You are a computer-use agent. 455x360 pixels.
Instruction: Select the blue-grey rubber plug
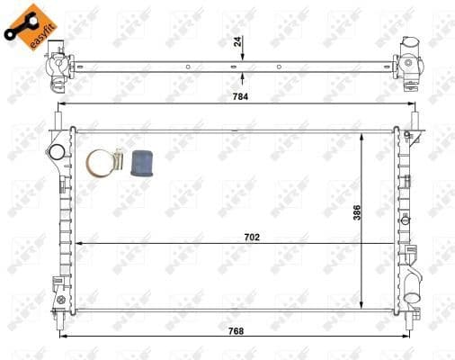(x=141, y=164)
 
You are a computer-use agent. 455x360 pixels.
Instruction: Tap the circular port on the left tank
(x=57, y=149)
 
